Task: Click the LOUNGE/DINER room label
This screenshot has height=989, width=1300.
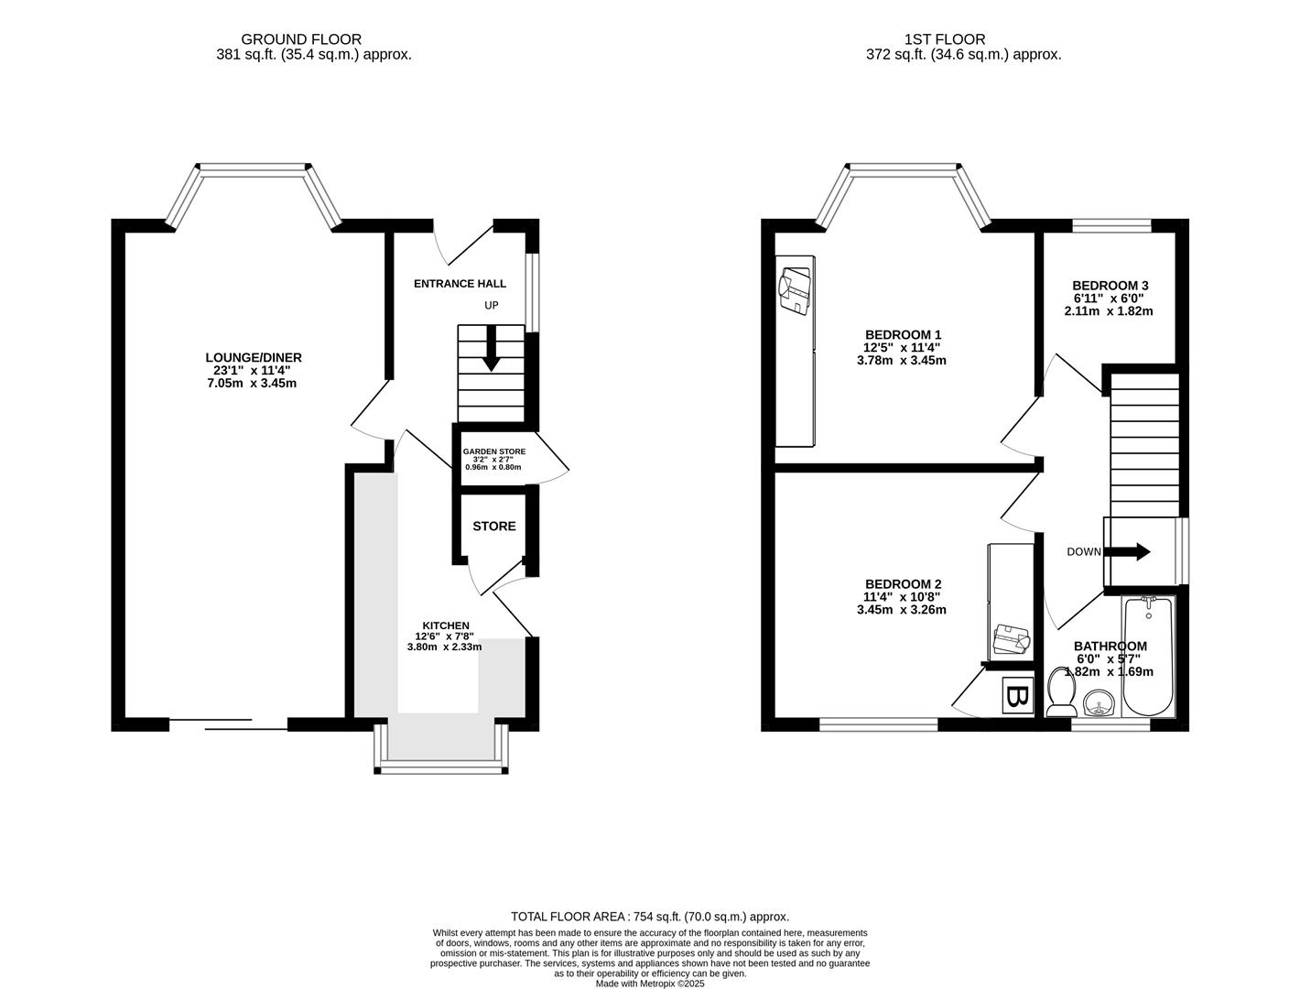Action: coord(253,358)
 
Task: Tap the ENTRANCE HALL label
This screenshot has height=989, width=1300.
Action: coord(460,284)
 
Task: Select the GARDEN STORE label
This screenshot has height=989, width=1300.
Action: coord(493,451)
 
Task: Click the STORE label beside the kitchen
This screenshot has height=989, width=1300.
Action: coord(493,527)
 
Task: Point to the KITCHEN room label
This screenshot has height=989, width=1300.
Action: coord(445,625)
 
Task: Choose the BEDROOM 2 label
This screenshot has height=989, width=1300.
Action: coord(903,584)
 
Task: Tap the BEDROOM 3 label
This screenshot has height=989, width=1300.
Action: coord(1110,286)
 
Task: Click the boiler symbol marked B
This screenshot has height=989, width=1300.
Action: coord(1016,696)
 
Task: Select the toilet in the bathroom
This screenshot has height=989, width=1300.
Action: coord(1061,693)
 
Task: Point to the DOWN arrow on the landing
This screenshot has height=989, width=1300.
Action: coord(1130,551)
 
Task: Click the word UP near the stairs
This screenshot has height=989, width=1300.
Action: coord(492,306)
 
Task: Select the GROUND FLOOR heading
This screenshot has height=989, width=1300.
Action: coord(301,39)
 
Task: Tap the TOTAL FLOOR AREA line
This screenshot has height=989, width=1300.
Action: coord(649,916)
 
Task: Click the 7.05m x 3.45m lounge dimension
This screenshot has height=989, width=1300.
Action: coord(253,383)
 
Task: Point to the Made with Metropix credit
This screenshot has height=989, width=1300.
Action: coord(649,984)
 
